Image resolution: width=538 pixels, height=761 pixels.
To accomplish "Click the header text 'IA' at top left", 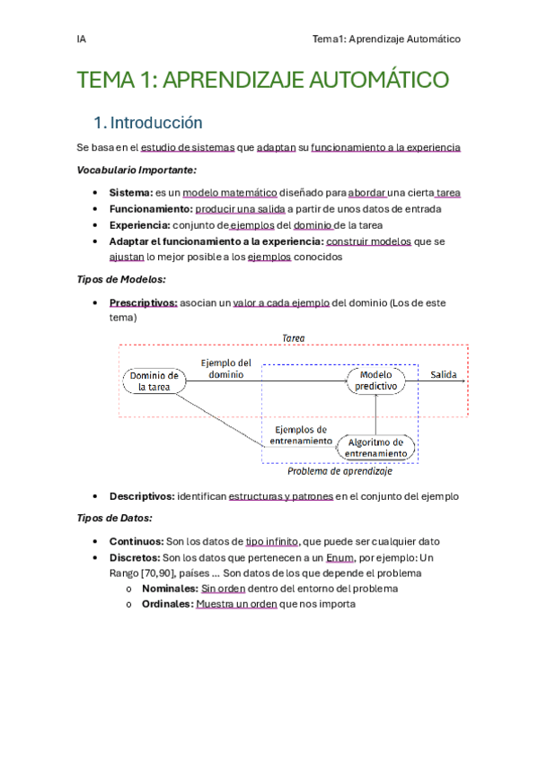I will click(82, 39).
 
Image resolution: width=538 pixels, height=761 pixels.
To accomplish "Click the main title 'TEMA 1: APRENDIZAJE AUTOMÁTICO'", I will click(263, 81).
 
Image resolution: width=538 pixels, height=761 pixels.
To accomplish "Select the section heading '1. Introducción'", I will click(148, 123).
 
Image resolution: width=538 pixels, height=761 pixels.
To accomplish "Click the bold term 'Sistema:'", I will click(131, 192).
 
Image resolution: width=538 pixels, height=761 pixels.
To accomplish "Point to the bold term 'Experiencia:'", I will click(139, 225).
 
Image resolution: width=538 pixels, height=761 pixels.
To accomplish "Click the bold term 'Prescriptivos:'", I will click(143, 303).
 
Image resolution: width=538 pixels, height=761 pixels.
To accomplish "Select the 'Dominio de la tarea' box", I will click(154, 381).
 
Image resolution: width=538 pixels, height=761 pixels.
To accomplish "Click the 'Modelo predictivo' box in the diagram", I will click(376, 380).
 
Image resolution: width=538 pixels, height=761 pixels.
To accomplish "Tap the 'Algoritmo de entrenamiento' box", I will click(376, 448).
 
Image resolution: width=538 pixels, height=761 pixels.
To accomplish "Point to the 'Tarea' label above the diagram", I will click(294, 338).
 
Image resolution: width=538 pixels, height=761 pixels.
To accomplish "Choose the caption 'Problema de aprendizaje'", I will click(340, 471).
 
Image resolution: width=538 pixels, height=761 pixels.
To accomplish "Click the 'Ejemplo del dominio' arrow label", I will click(225, 369).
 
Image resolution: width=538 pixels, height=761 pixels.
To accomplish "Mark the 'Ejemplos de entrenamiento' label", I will click(302, 435).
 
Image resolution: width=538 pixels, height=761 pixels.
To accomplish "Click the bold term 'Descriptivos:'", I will click(142, 496).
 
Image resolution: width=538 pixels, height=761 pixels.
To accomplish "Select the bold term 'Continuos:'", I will click(136, 542).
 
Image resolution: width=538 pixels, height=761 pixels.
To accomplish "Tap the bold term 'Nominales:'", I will click(170, 589).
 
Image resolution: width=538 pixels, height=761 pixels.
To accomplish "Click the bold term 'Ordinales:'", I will click(167, 605).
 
